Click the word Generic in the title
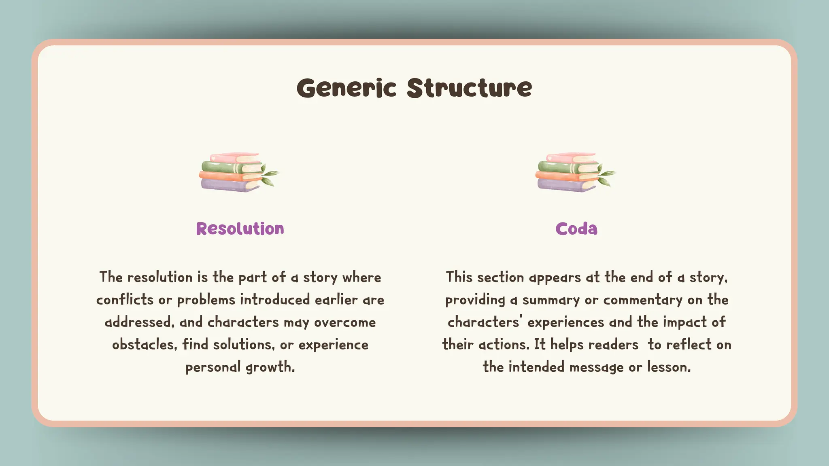(346, 88)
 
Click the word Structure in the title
(469, 88)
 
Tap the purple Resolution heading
(240, 229)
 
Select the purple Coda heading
(576, 229)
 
